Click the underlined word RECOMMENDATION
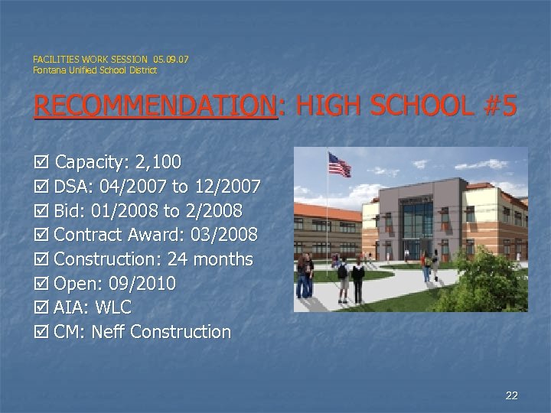pyautogui.click(x=154, y=107)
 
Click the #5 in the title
pyautogui.click(x=501, y=107)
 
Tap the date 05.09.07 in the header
pyautogui.click(x=171, y=59)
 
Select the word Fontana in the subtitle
pyautogui.click(x=47, y=70)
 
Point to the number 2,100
pyautogui.click(x=158, y=162)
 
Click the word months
pyautogui.click(x=223, y=259)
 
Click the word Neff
pyautogui.click(x=109, y=332)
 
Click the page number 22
pyautogui.click(x=512, y=395)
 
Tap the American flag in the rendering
pyautogui.click(x=339, y=164)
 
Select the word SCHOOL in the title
pyautogui.click(x=416, y=107)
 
